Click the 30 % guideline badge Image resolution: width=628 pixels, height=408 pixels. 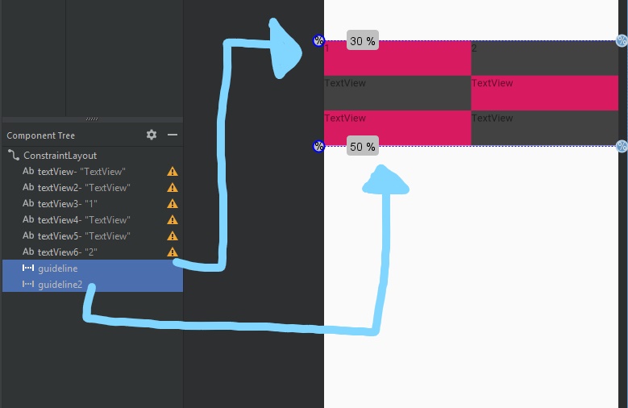[363, 41]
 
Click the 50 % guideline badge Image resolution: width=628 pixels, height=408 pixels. [363, 146]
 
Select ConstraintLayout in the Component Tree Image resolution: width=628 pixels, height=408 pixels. [60, 156]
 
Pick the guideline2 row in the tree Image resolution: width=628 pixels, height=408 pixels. [60, 284]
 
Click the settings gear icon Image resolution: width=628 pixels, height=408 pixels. [152, 135]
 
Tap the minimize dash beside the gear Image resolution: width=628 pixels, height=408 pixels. [172, 135]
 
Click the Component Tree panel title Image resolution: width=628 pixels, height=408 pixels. [40, 135]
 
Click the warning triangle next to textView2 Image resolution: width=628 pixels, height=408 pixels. [172, 188]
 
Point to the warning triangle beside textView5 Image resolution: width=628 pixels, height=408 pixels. [172, 236]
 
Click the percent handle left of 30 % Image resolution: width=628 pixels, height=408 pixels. [318, 41]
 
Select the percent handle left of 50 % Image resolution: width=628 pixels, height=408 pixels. [318, 146]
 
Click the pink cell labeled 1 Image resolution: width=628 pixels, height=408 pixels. [397, 58]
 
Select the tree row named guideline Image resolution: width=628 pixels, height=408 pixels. [57, 268]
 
